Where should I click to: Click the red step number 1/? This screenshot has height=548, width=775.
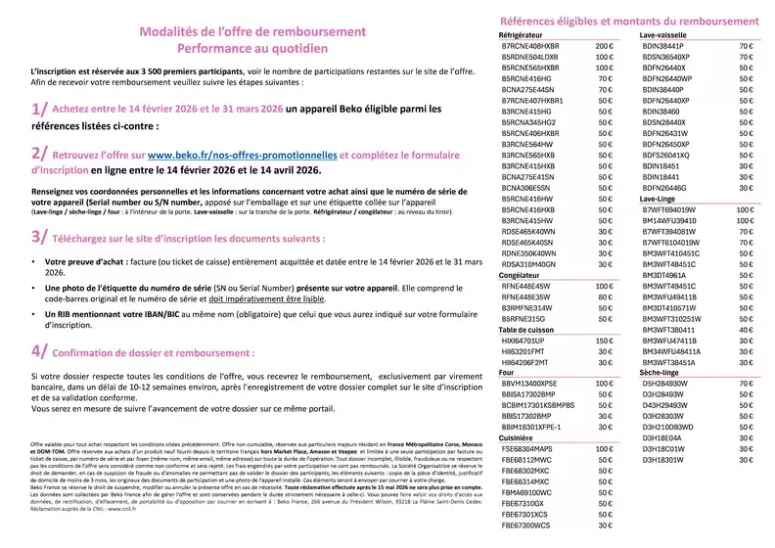pyautogui.click(x=39, y=110)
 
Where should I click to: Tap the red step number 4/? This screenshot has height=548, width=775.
pyautogui.click(x=39, y=350)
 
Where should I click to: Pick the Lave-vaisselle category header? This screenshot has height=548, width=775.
pyautogui.click(x=665, y=35)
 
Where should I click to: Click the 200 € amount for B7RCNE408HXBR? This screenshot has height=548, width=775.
pyautogui.click(x=604, y=46)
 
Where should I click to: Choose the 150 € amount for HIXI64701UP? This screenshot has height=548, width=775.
pyautogui.click(x=604, y=341)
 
